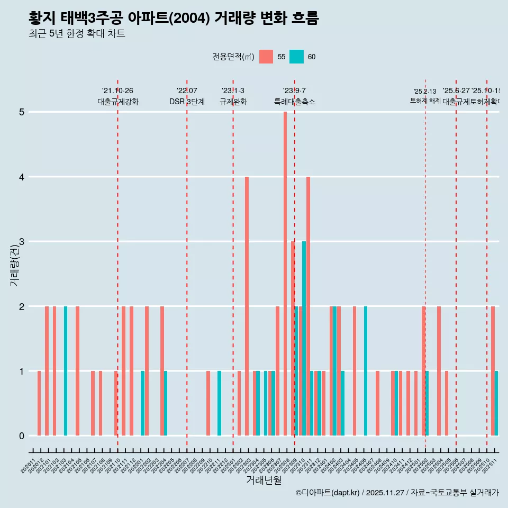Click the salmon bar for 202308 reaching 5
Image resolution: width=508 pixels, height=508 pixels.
point(285,274)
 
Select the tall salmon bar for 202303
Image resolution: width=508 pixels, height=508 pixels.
point(247,306)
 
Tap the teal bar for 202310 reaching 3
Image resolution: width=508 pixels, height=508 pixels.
point(304,338)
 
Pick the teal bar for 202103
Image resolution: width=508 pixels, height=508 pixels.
point(66,371)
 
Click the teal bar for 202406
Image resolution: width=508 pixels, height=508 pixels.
point(366,371)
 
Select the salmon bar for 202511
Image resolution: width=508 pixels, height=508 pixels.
point(493,371)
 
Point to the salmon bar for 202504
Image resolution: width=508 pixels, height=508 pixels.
point(439,371)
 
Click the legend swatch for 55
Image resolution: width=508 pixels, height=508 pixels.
point(266,57)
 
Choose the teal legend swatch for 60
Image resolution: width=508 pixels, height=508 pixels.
point(297,57)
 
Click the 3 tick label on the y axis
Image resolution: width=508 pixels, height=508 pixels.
point(22,242)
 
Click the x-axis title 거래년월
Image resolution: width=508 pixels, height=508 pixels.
point(264,480)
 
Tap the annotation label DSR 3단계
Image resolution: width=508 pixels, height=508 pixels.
point(187,102)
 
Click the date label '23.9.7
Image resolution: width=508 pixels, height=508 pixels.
point(294,91)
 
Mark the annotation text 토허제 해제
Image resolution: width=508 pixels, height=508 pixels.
point(425,101)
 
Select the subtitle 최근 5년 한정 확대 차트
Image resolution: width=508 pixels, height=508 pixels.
point(77,34)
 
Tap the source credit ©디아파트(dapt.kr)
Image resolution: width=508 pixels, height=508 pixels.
point(327,493)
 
